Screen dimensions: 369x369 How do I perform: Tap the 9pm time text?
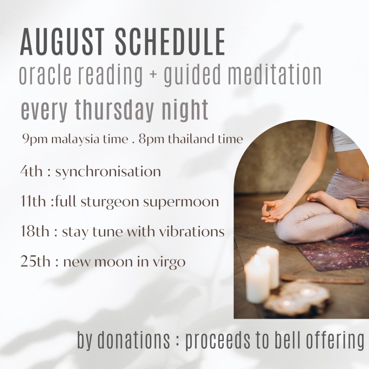(x=35, y=139)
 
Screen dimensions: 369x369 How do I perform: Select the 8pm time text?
(x=151, y=139)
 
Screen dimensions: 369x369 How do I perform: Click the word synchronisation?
(x=108, y=172)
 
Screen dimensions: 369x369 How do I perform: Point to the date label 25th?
(x=35, y=262)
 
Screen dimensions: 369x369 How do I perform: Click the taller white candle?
(x=268, y=267)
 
